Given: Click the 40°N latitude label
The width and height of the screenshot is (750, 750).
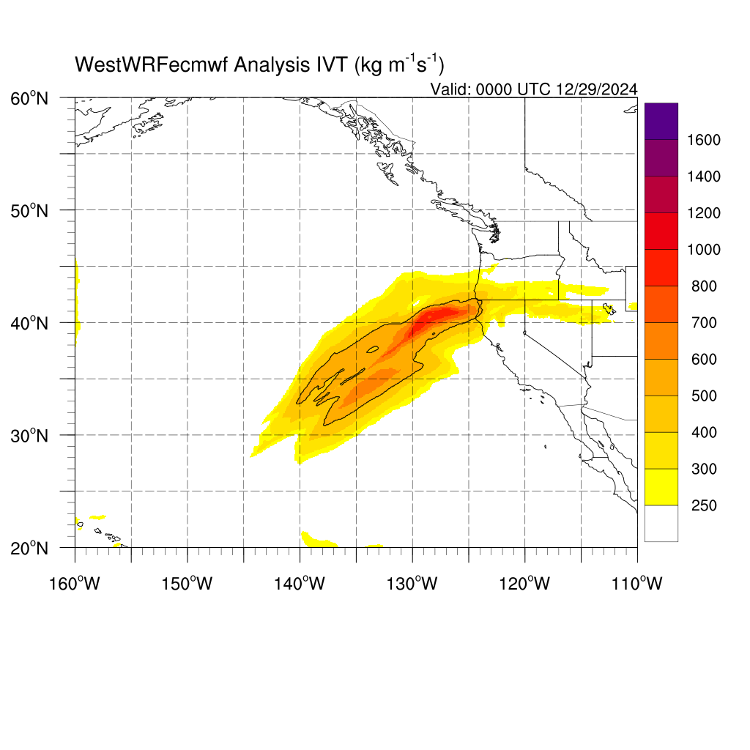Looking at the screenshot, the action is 29,323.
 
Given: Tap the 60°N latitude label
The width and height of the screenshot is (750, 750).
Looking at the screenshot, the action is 29,99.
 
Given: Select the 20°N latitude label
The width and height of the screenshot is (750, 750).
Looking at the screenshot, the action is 29,548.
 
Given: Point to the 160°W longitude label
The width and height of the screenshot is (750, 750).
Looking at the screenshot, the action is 75,584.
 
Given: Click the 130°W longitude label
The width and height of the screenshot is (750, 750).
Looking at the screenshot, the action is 412,584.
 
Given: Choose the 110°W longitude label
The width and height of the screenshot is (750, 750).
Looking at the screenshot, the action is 637,584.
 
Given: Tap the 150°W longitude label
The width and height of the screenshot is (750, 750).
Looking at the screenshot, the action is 187,584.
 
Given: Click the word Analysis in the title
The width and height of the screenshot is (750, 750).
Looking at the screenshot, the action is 272,65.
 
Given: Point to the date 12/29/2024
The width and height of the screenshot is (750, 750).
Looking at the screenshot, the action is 596,89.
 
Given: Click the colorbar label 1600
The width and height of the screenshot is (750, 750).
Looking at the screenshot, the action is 704,140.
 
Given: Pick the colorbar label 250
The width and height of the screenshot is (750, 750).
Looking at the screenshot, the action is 704,505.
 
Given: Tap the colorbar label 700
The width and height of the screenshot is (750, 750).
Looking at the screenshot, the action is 704,323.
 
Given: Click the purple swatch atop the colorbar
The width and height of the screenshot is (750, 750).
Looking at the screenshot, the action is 661,122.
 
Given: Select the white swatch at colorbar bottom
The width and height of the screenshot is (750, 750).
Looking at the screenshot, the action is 661,523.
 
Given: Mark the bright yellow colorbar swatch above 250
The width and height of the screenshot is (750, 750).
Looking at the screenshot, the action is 661,487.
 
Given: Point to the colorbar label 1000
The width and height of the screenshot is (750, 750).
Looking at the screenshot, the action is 704,250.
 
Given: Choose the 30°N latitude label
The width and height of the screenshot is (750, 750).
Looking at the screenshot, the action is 29,436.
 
